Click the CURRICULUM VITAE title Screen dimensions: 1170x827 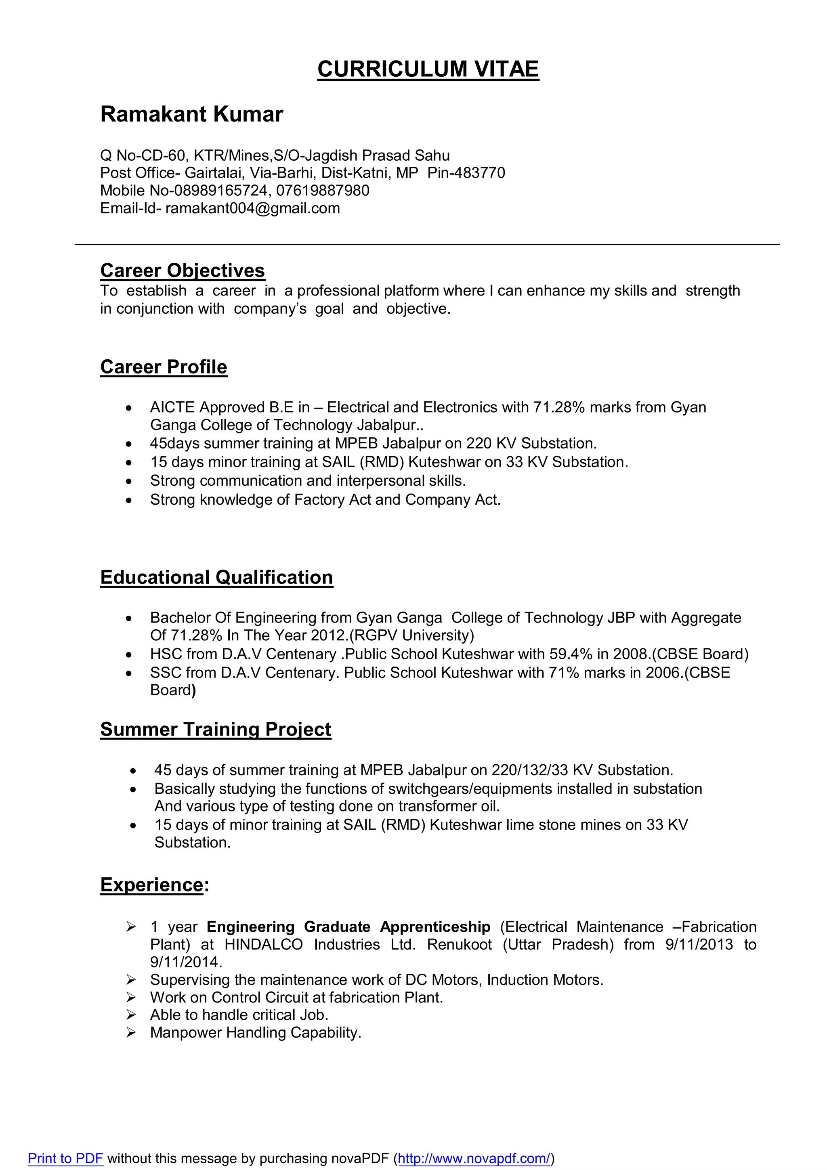point(428,69)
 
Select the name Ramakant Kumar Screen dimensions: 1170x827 point(191,114)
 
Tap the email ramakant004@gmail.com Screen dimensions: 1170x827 point(252,208)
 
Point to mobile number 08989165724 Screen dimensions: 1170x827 point(220,191)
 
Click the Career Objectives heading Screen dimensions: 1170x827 point(183,270)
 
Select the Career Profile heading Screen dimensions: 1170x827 point(164,367)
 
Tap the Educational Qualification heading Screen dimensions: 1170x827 point(216,577)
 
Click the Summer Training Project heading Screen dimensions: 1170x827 point(216,729)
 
